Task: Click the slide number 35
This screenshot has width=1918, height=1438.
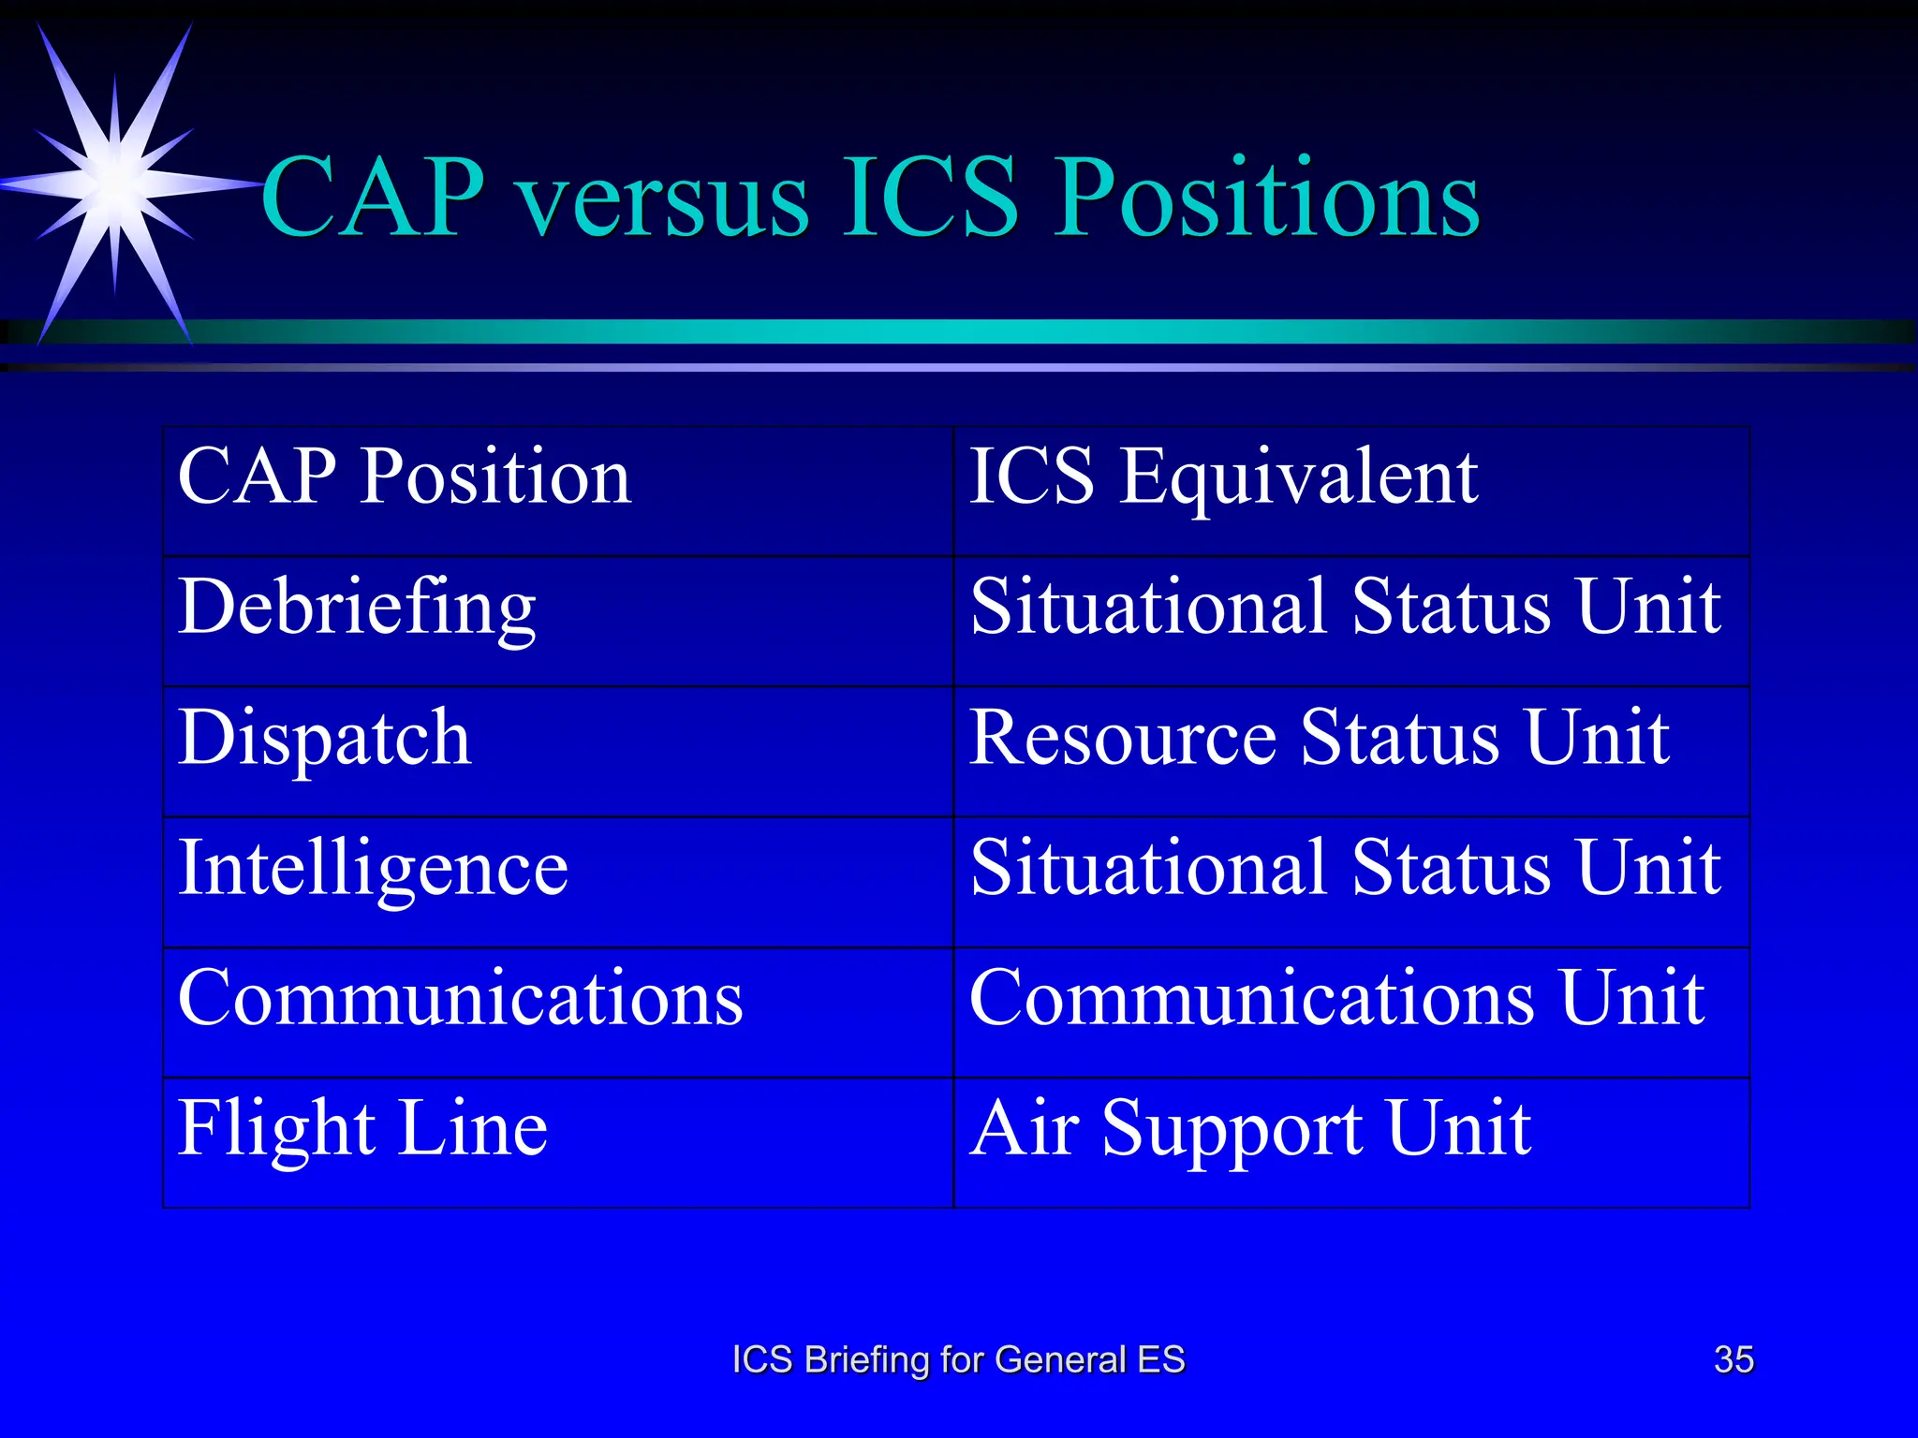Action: click(x=1734, y=1359)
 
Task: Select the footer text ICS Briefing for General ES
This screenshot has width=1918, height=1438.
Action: click(x=958, y=1359)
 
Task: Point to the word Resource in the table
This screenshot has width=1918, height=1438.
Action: click(x=1122, y=738)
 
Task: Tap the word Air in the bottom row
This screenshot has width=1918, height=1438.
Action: click(x=1025, y=1128)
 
